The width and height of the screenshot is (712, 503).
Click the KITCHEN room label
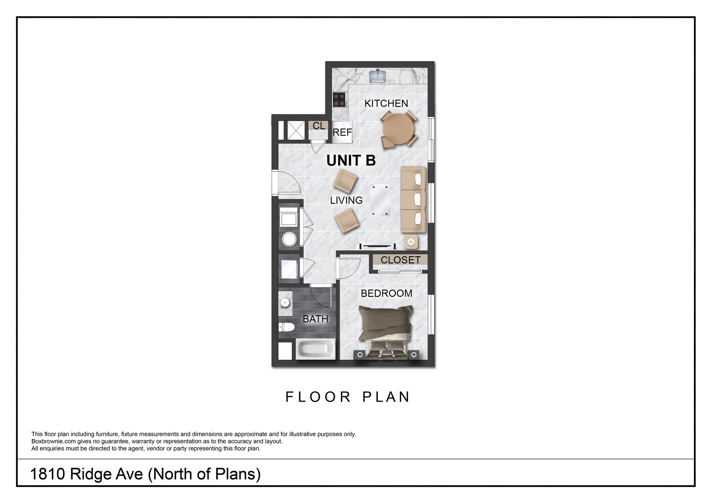386,103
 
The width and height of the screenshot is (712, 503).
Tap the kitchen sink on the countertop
378,76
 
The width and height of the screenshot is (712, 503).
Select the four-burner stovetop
339,99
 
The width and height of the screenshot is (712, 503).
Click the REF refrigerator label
342,132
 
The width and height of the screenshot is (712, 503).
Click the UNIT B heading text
351,160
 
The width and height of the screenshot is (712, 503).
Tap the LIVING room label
346,200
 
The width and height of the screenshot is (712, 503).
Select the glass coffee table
380,200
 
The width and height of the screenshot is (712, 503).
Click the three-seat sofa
413,200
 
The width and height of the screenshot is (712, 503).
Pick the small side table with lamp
411,242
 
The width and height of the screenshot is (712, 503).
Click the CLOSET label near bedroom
400,260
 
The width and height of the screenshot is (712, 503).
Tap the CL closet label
319,126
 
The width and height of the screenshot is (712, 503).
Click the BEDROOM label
386,293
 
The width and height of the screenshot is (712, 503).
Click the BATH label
315,319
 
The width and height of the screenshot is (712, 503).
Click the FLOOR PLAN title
347,397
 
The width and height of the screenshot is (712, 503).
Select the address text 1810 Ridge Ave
145,474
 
